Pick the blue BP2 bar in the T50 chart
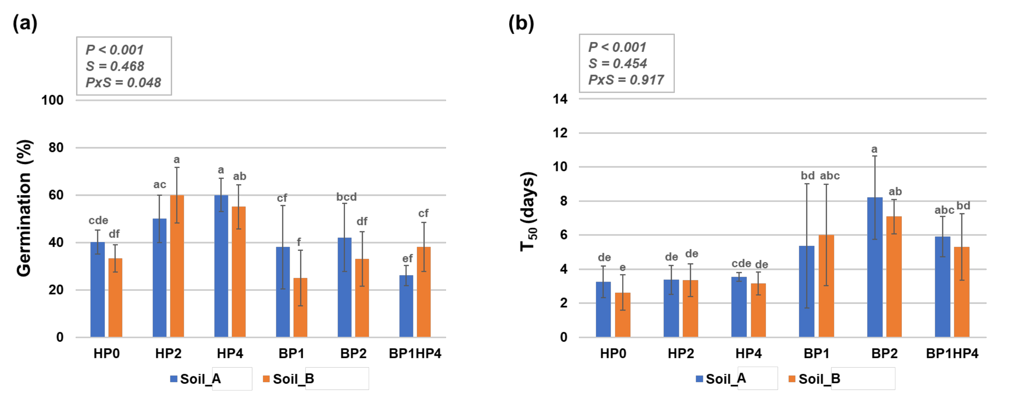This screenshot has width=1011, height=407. coord(875,267)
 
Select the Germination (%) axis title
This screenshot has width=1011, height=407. coord(24,208)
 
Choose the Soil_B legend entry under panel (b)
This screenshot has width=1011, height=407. coord(814,379)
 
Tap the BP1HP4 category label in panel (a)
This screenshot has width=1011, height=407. coord(415,354)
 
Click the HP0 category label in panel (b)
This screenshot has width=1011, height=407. coord(613,354)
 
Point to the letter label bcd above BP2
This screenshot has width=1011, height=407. coord(346,197)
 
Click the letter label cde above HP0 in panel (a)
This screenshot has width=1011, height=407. coord(98,220)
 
